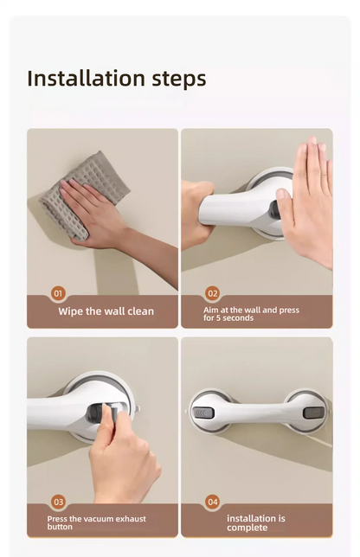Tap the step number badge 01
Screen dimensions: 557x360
(x=59, y=293)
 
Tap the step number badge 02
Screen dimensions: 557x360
(x=213, y=293)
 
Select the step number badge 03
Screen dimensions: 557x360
(x=59, y=502)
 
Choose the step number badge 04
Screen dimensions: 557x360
(x=213, y=502)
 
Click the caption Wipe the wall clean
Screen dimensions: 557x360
(x=106, y=311)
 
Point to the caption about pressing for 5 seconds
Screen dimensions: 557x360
(x=251, y=314)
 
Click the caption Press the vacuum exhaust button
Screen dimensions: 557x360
(x=96, y=522)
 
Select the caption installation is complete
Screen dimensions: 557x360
(x=254, y=522)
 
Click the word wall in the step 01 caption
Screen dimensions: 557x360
(x=115, y=311)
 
